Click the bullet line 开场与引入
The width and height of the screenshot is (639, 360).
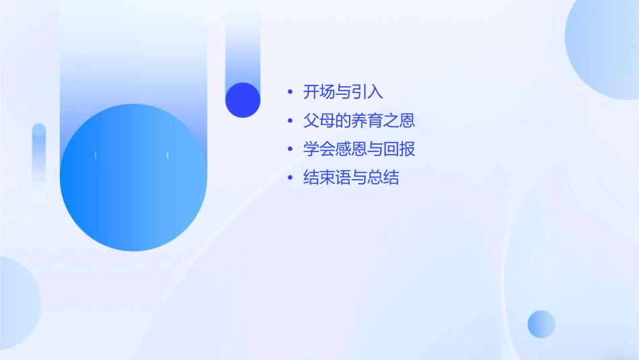[x=343, y=92]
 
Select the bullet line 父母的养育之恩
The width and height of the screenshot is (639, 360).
[x=359, y=121]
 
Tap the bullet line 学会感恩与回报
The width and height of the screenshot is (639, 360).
[x=359, y=149]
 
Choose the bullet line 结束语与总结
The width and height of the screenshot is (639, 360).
[x=351, y=178]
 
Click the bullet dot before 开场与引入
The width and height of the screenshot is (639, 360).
[x=290, y=92]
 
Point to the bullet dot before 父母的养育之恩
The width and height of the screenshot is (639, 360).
[x=290, y=121]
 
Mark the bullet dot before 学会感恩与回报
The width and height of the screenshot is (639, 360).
[x=290, y=149]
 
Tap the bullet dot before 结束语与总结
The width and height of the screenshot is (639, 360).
[x=290, y=178]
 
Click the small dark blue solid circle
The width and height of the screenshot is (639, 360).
[x=243, y=100]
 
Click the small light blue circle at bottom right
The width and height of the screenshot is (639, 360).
[x=541, y=324]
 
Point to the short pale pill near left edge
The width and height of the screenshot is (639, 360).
[x=39, y=161]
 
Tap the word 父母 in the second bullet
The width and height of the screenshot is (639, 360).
[x=319, y=121]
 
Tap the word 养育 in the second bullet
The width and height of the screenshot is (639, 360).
[x=367, y=121]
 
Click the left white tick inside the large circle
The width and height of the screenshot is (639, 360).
[x=96, y=155]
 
